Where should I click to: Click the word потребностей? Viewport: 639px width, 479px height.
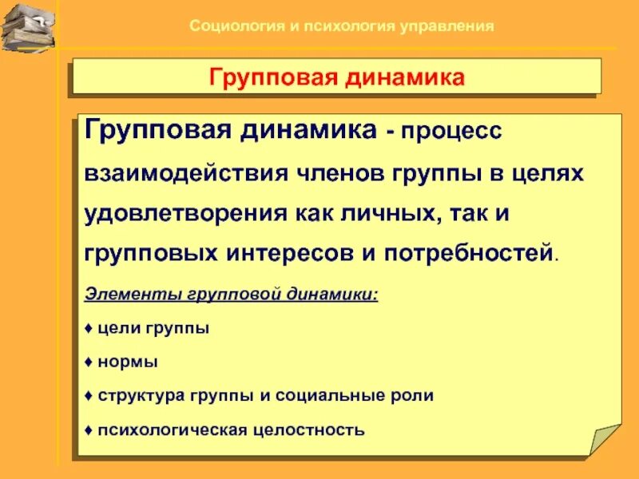(469, 253)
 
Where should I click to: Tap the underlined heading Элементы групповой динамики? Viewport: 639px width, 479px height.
(231, 294)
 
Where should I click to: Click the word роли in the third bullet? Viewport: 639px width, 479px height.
(415, 395)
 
